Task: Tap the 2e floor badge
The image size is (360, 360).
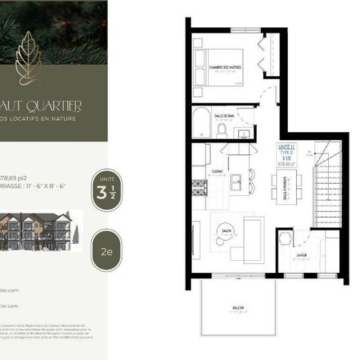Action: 106,249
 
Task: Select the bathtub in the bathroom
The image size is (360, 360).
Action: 201,124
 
